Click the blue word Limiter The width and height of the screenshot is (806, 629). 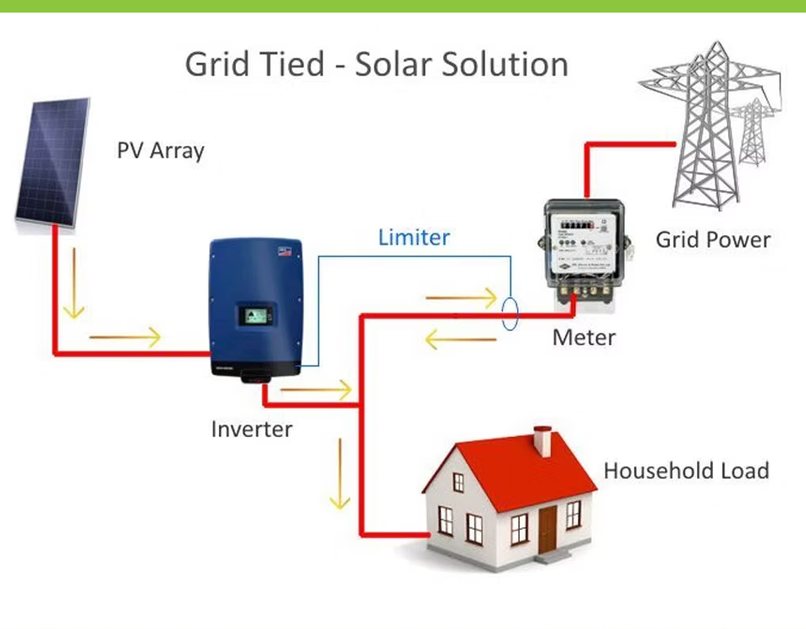(414, 237)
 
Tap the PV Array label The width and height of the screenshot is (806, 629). (160, 152)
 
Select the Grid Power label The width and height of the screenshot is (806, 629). (713, 240)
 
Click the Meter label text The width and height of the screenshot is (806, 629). (584, 338)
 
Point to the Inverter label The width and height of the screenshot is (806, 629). (252, 429)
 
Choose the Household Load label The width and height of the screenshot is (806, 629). (686, 470)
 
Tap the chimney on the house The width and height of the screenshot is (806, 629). (542, 440)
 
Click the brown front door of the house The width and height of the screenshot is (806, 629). (547, 528)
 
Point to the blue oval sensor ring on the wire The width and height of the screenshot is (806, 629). (510, 312)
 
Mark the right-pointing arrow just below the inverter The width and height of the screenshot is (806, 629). (316, 390)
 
